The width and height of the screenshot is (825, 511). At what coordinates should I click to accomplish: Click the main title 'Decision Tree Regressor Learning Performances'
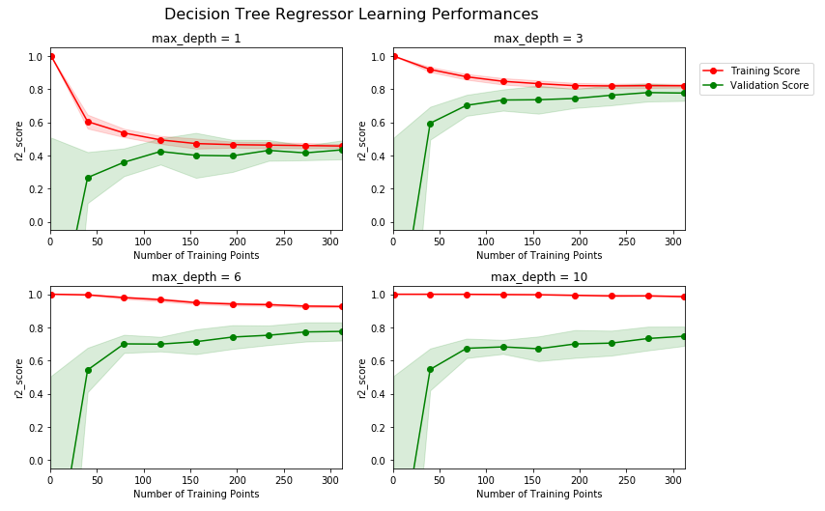[351, 14]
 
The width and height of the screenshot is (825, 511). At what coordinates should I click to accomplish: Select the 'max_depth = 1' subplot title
[196, 39]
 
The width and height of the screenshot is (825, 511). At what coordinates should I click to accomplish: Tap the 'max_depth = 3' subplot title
[538, 39]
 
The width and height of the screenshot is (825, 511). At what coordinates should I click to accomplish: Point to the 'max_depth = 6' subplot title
[196, 277]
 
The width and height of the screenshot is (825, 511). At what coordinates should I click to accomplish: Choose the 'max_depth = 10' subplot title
[538, 277]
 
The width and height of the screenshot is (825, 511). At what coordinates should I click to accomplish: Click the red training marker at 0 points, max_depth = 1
[51, 57]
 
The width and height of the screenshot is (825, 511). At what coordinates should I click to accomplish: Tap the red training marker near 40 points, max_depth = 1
[88, 122]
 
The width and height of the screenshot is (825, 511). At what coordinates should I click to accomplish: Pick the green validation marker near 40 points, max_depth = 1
[88, 178]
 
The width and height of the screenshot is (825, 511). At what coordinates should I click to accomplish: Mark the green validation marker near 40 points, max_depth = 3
[430, 124]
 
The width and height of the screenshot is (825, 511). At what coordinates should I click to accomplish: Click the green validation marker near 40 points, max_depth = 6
[88, 370]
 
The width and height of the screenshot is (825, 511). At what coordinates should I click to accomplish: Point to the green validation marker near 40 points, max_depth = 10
[430, 369]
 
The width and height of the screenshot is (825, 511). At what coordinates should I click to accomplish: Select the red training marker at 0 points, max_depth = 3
[393, 57]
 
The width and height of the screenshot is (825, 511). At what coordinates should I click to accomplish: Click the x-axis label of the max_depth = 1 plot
[196, 256]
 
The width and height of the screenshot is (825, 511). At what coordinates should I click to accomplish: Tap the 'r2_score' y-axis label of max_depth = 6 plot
[19, 378]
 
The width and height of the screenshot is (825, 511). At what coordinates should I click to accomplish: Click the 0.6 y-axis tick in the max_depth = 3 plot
[377, 123]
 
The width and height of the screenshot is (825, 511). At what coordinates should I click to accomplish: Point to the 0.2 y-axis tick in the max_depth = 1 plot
[35, 189]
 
